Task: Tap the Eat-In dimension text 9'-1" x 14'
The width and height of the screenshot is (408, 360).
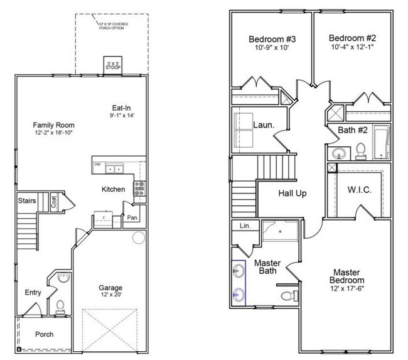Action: pos(122,116)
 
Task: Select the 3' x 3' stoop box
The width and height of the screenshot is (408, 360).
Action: pos(112,65)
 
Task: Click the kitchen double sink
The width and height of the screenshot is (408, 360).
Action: pos(114,168)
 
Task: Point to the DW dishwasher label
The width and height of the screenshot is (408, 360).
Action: pos(97,165)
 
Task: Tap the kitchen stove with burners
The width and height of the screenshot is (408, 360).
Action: pos(139,187)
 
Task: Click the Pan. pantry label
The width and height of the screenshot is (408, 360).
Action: pos(132,217)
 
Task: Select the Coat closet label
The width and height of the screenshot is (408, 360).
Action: pos(54,202)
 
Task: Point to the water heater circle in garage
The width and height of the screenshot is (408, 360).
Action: pos(138,239)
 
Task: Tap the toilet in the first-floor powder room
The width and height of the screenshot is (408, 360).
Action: pos(60,306)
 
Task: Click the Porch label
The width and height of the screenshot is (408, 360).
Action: pos(44,334)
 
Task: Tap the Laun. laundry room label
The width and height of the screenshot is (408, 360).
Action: pos(263,125)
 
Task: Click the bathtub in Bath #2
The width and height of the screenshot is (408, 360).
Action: pos(382,142)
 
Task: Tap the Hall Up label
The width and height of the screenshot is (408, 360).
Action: pos(292,194)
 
